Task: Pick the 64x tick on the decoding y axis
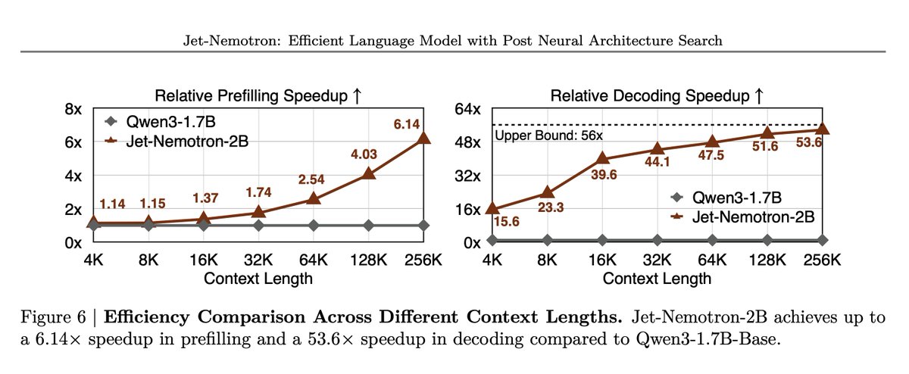(467, 109)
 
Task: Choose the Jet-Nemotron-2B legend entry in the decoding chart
(739, 217)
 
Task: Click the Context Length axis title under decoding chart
(658, 279)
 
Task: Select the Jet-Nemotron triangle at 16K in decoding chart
(603, 157)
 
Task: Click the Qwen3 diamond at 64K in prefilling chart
(314, 225)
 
